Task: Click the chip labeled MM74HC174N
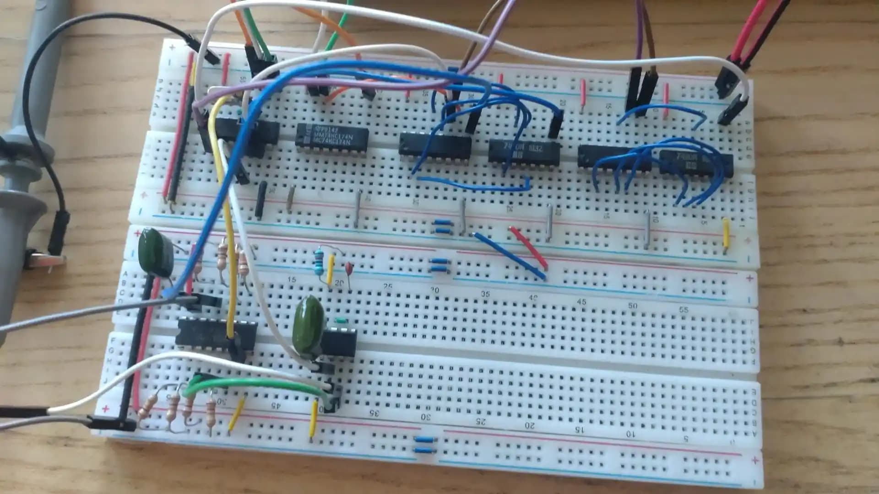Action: (332, 136)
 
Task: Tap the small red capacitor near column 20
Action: (349, 268)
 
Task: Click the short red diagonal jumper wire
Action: (528, 247)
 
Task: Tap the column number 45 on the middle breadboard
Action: (581, 302)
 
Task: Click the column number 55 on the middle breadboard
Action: (684, 310)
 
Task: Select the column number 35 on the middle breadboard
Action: (485, 294)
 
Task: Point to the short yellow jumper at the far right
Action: (726, 236)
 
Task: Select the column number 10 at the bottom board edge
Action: (631, 434)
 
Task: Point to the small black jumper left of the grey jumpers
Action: (261, 200)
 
